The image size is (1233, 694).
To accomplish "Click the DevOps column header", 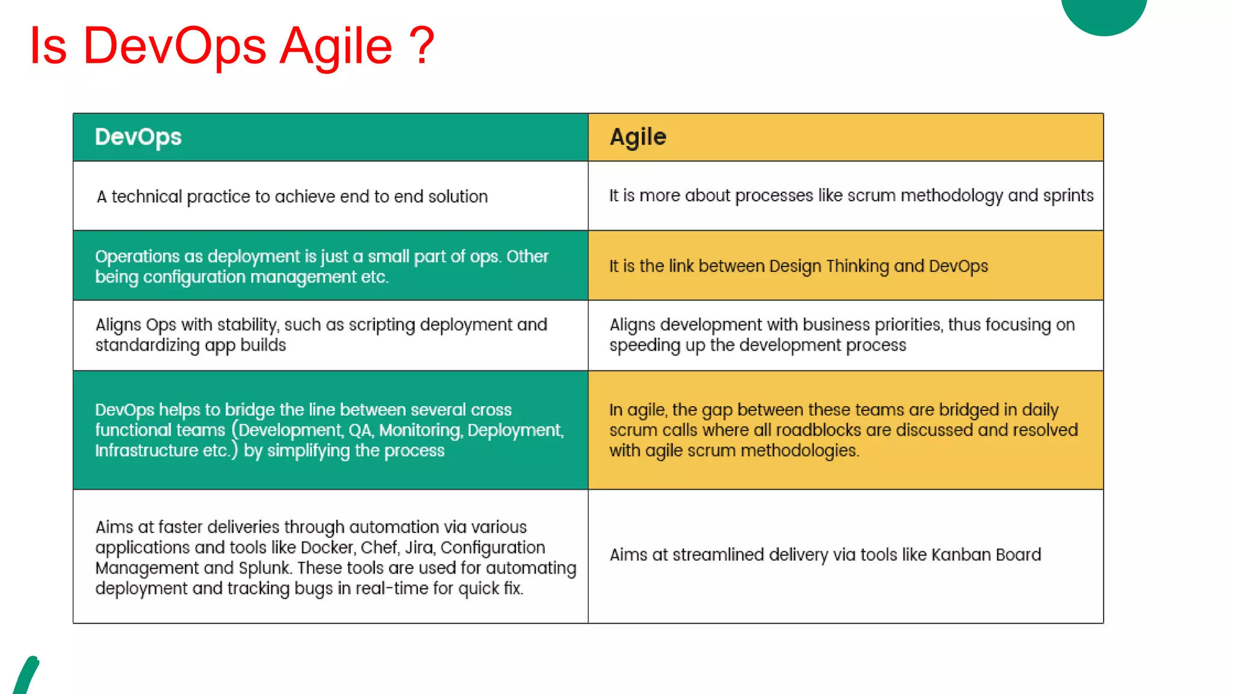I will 138,137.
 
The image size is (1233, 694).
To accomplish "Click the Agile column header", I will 638,137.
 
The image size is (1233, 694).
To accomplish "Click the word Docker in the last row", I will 327,548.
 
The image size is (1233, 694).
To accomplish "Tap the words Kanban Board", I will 986,555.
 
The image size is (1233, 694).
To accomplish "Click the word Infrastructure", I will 146,451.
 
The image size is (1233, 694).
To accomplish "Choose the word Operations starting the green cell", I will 137,257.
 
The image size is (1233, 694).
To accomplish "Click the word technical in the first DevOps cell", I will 146,197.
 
